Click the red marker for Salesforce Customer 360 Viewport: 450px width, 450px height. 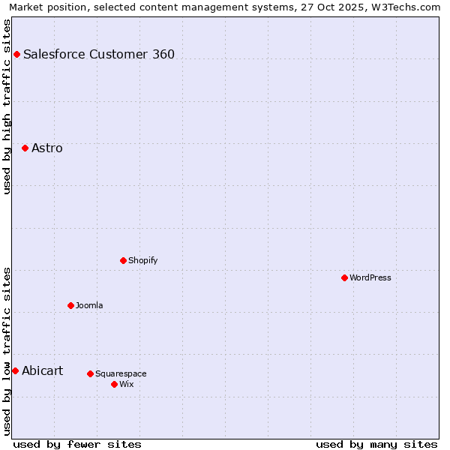point(16,54)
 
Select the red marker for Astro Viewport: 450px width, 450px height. point(25,148)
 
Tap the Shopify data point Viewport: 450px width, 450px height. point(123,260)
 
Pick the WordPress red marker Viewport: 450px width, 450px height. point(344,277)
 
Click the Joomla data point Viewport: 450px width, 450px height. point(70,305)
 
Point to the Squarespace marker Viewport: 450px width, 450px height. point(90,373)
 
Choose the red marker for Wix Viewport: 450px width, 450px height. point(114,384)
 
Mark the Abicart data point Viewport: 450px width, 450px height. point(15,370)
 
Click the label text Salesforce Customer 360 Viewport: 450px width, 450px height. point(99,54)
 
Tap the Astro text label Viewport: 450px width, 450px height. point(47,148)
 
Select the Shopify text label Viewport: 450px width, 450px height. point(142,260)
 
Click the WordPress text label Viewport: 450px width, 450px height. point(370,277)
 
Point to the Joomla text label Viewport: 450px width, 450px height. point(89,305)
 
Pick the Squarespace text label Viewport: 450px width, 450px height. point(121,373)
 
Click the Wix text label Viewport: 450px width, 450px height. point(126,384)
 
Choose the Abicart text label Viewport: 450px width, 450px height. point(43,370)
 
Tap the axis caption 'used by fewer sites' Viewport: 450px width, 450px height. point(77,444)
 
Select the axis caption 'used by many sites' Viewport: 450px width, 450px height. point(376,444)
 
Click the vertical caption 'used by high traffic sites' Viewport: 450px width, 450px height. point(7,106)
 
